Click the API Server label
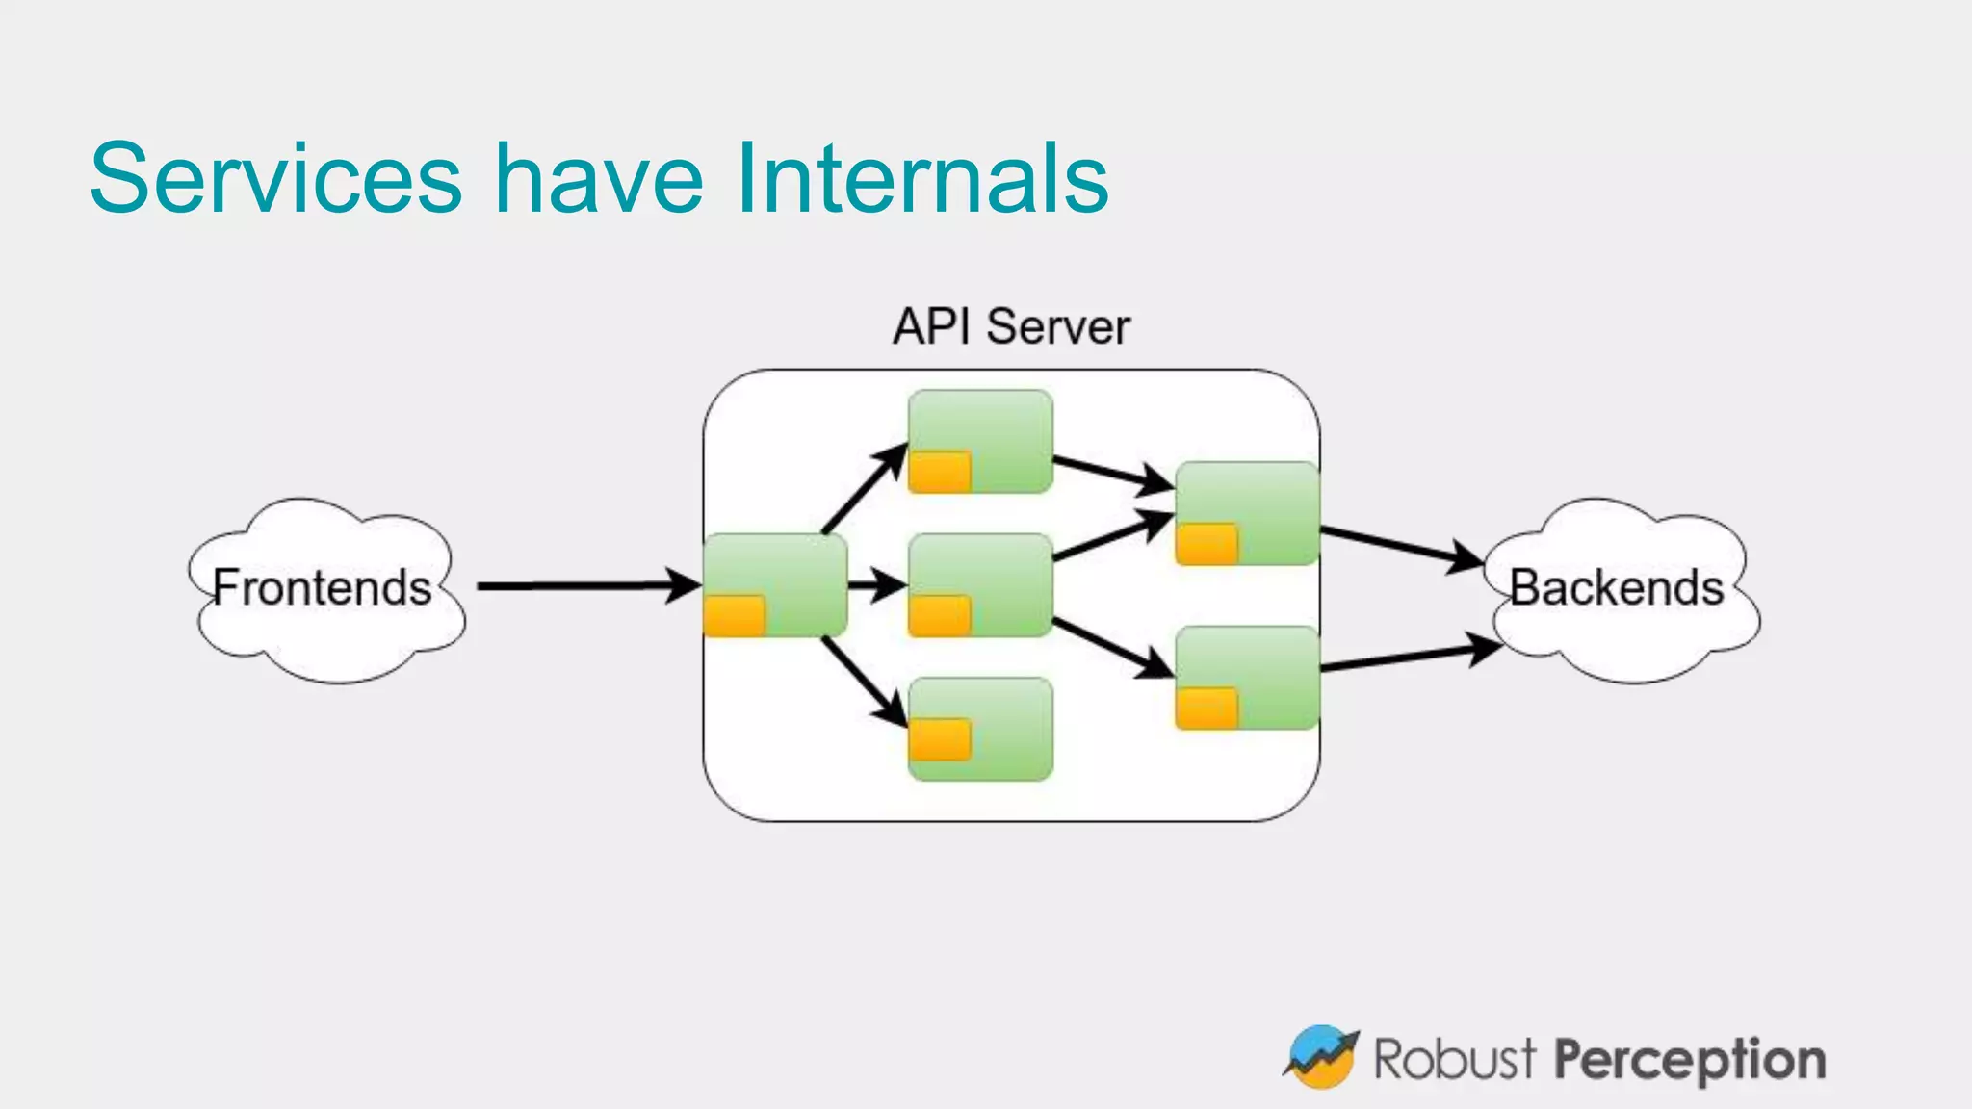(x=1011, y=326)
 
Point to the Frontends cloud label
(x=322, y=588)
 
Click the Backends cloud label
(x=1616, y=588)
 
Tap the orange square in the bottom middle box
(x=940, y=739)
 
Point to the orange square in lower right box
(x=1207, y=709)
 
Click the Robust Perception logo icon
(x=1321, y=1057)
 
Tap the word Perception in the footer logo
(x=1690, y=1060)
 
